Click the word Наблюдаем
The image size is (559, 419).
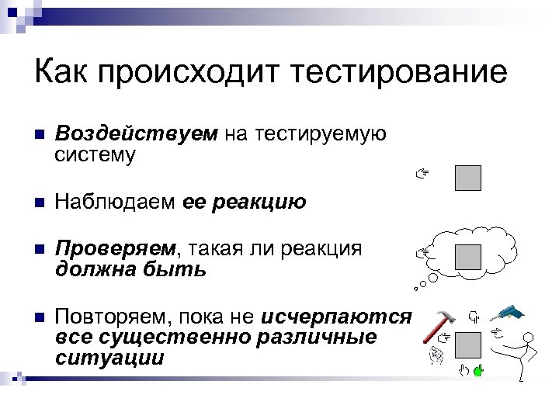coord(116,203)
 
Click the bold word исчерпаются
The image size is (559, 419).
coord(336,317)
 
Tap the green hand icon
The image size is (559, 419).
coord(478,371)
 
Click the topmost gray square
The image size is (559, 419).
coord(467,178)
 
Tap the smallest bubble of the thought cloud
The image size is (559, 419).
coord(416,289)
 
